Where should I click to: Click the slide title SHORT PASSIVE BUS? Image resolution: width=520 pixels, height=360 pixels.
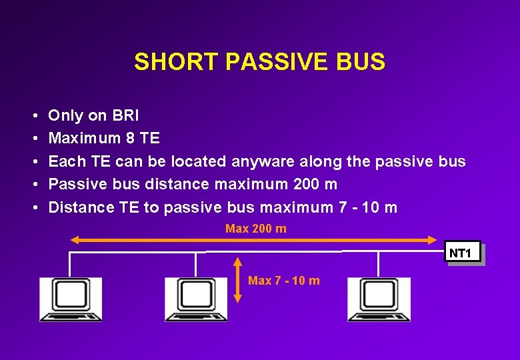click(x=259, y=62)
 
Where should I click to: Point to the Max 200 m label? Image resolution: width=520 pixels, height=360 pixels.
click(x=256, y=229)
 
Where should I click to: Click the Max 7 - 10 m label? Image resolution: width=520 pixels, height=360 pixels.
click(x=283, y=281)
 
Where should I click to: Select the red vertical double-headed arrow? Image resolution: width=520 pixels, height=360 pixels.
click(x=239, y=280)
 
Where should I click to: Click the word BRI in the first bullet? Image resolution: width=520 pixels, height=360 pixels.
click(x=125, y=115)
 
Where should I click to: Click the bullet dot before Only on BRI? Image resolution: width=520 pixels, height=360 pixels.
click(x=33, y=116)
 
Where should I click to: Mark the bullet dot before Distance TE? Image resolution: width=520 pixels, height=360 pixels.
click(x=33, y=207)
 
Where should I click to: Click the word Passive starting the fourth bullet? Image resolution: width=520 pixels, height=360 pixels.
click(x=75, y=184)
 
